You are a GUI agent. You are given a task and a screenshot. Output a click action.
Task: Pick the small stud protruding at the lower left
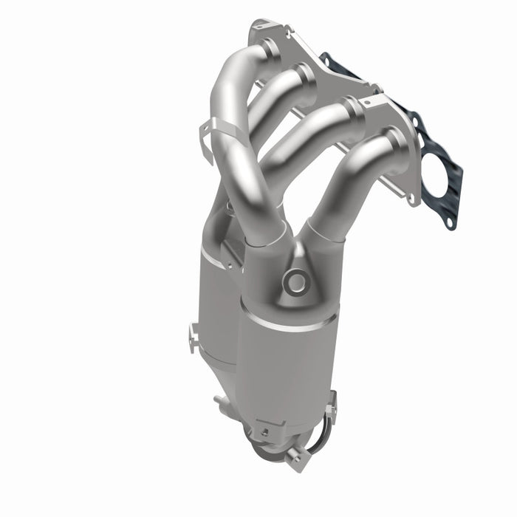tap(219, 403)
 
